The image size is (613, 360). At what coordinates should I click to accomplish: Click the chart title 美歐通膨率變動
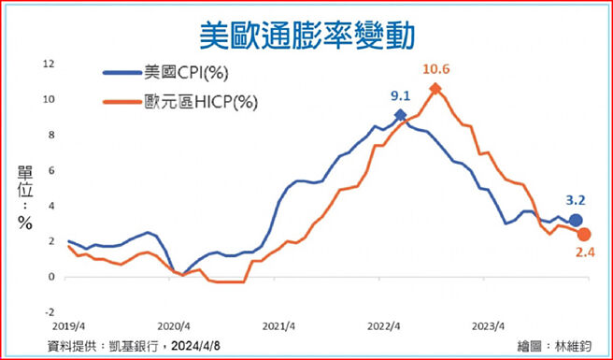click(x=306, y=36)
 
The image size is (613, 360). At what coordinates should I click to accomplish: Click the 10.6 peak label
click(x=436, y=69)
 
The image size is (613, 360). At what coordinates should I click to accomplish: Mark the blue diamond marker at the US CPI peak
click(x=401, y=115)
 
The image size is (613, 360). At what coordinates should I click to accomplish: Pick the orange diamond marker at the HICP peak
click(x=435, y=89)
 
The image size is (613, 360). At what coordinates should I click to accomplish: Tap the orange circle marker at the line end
click(x=584, y=234)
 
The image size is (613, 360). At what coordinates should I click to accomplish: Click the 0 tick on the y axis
click(x=51, y=277)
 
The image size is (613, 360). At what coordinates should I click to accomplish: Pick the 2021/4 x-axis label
click(x=278, y=327)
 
